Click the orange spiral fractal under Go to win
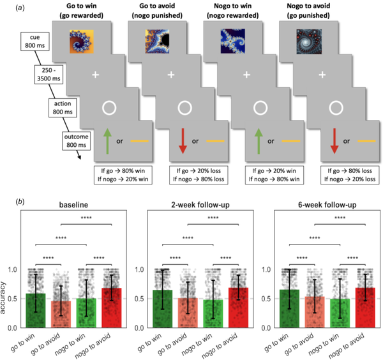(x=82, y=41)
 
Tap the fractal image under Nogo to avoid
(x=309, y=41)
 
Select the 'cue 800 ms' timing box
(x=35, y=41)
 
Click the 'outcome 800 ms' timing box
(x=76, y=141)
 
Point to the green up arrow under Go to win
(x=107, y=141)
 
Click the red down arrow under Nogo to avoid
(x=334, y=141)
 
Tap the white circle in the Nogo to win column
(x=260, y=108)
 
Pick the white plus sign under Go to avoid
(x=171, y=75)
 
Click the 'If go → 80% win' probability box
(x=123, y=175)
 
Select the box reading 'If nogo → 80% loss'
(x=199, y=175)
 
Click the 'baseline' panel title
(x=73, y=205)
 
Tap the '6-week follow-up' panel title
(x=327, y=205)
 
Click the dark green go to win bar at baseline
(x=36, y=310)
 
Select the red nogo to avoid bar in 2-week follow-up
(x=238, y=308)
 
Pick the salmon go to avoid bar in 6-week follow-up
(x=315, y=312)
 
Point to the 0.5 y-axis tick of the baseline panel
(x=12, y=299)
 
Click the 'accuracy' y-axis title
(x=3, y=298)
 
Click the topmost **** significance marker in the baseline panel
(x=86, y=218)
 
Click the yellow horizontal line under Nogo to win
(x=291, y=141)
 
